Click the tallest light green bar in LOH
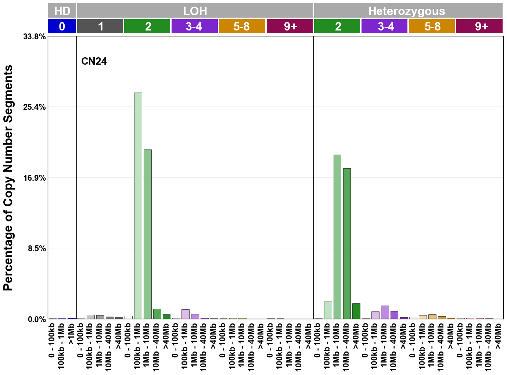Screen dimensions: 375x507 (x=138, y=206)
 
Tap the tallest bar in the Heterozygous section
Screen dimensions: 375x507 (x=337, y=237)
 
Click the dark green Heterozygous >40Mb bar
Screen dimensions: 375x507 (x=356, y=311)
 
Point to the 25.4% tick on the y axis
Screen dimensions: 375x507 (x=35, y=107)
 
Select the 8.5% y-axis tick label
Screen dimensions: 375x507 (x=37, y=249)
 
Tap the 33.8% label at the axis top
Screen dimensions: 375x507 (x=35, y=37)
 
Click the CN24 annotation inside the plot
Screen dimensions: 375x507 (x=94, y=61)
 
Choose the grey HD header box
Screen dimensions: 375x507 (x=62, y=11)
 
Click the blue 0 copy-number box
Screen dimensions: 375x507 (x=62, y=26)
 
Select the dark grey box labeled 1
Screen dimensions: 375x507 (x=100, y=26)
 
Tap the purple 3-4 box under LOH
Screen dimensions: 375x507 (x=194, y=26)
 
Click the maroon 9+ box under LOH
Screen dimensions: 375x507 (x=290, y=26)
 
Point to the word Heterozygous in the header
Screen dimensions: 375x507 (x=407, y=11)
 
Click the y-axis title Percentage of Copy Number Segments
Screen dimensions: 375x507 (x=8, y=178)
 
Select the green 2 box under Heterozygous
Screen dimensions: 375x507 (x=337, y=26)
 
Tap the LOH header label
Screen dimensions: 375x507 (x=195, y=11)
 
